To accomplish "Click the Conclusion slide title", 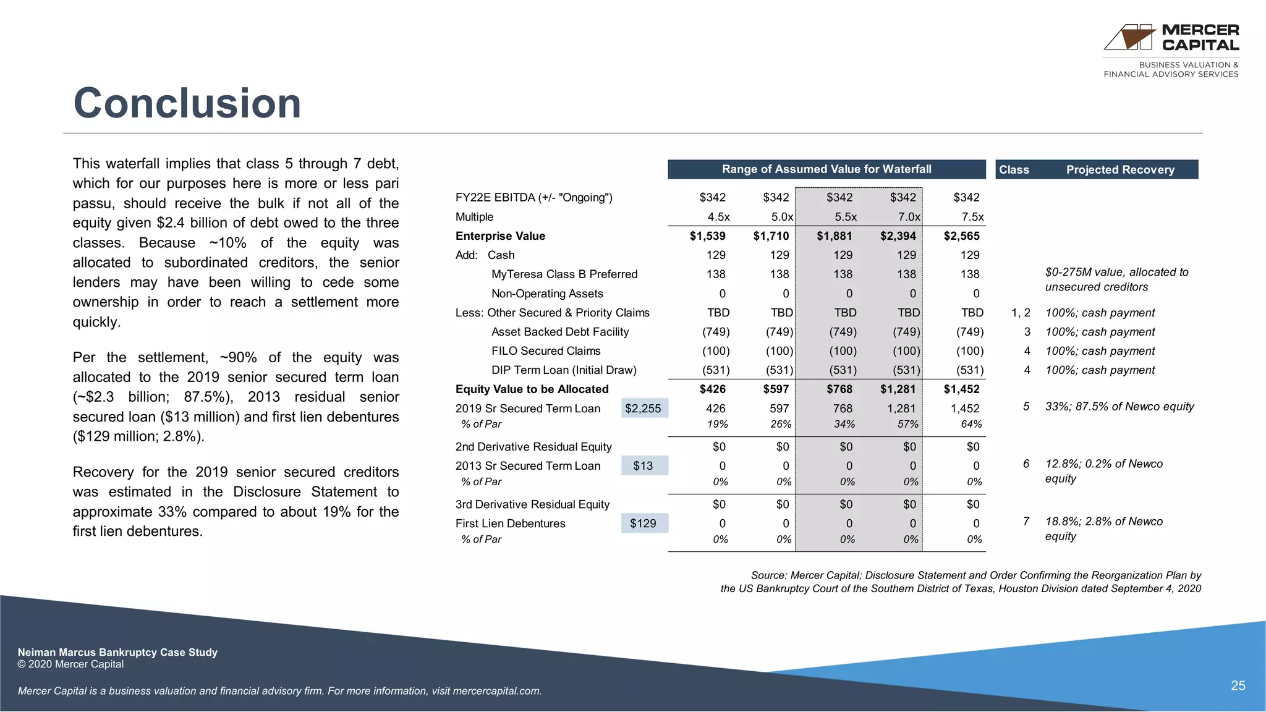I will (187, 103).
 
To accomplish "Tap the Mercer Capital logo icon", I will (1129, 38).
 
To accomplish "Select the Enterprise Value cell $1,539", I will (707, 236).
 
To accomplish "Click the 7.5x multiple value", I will (972, 217).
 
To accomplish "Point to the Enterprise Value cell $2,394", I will (898, 236).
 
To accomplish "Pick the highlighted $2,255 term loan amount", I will (643, 409).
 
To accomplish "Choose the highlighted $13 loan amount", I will (643, 466).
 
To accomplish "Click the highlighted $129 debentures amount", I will (643, 523).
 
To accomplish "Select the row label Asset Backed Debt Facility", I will (560, 332).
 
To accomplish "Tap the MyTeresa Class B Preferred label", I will (564, 274).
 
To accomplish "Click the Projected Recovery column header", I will (1120, 170).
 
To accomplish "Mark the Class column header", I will (1014, 170).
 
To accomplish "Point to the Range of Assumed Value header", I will (826, 169).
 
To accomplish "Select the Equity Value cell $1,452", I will (961, 389).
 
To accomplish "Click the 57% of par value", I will (907, 424).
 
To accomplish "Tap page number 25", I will (1238, 686).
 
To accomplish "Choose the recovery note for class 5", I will (1119, 407).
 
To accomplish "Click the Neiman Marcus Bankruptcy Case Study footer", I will (117, 652).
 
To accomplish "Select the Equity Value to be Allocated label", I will (532, 389).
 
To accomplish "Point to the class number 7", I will (1026, 522).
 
